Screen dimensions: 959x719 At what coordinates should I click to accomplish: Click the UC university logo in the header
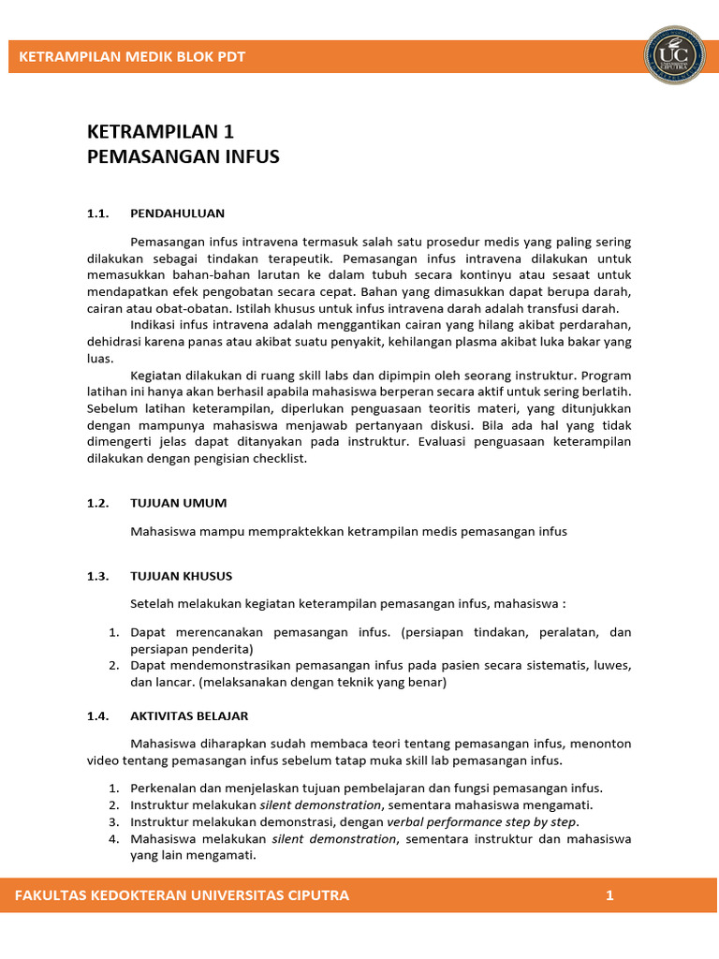point(674,55)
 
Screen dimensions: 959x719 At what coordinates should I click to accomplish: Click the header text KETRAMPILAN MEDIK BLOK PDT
point(132,56)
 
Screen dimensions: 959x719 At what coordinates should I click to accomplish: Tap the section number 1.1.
point(99,213)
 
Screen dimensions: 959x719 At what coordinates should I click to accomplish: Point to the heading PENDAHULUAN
point(178,213)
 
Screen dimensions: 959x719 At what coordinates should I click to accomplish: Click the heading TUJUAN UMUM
point(179,503)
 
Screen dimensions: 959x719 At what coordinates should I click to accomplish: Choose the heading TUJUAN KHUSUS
point(182,576)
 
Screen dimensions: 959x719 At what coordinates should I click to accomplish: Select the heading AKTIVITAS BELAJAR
point(189,716)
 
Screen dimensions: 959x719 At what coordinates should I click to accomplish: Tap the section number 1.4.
point(99,716)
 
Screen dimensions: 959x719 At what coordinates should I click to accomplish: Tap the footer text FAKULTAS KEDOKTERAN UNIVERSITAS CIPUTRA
point(183,895)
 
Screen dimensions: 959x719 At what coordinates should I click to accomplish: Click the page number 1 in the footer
point(609,895)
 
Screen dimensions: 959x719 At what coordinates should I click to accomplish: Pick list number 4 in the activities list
point(112,838)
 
